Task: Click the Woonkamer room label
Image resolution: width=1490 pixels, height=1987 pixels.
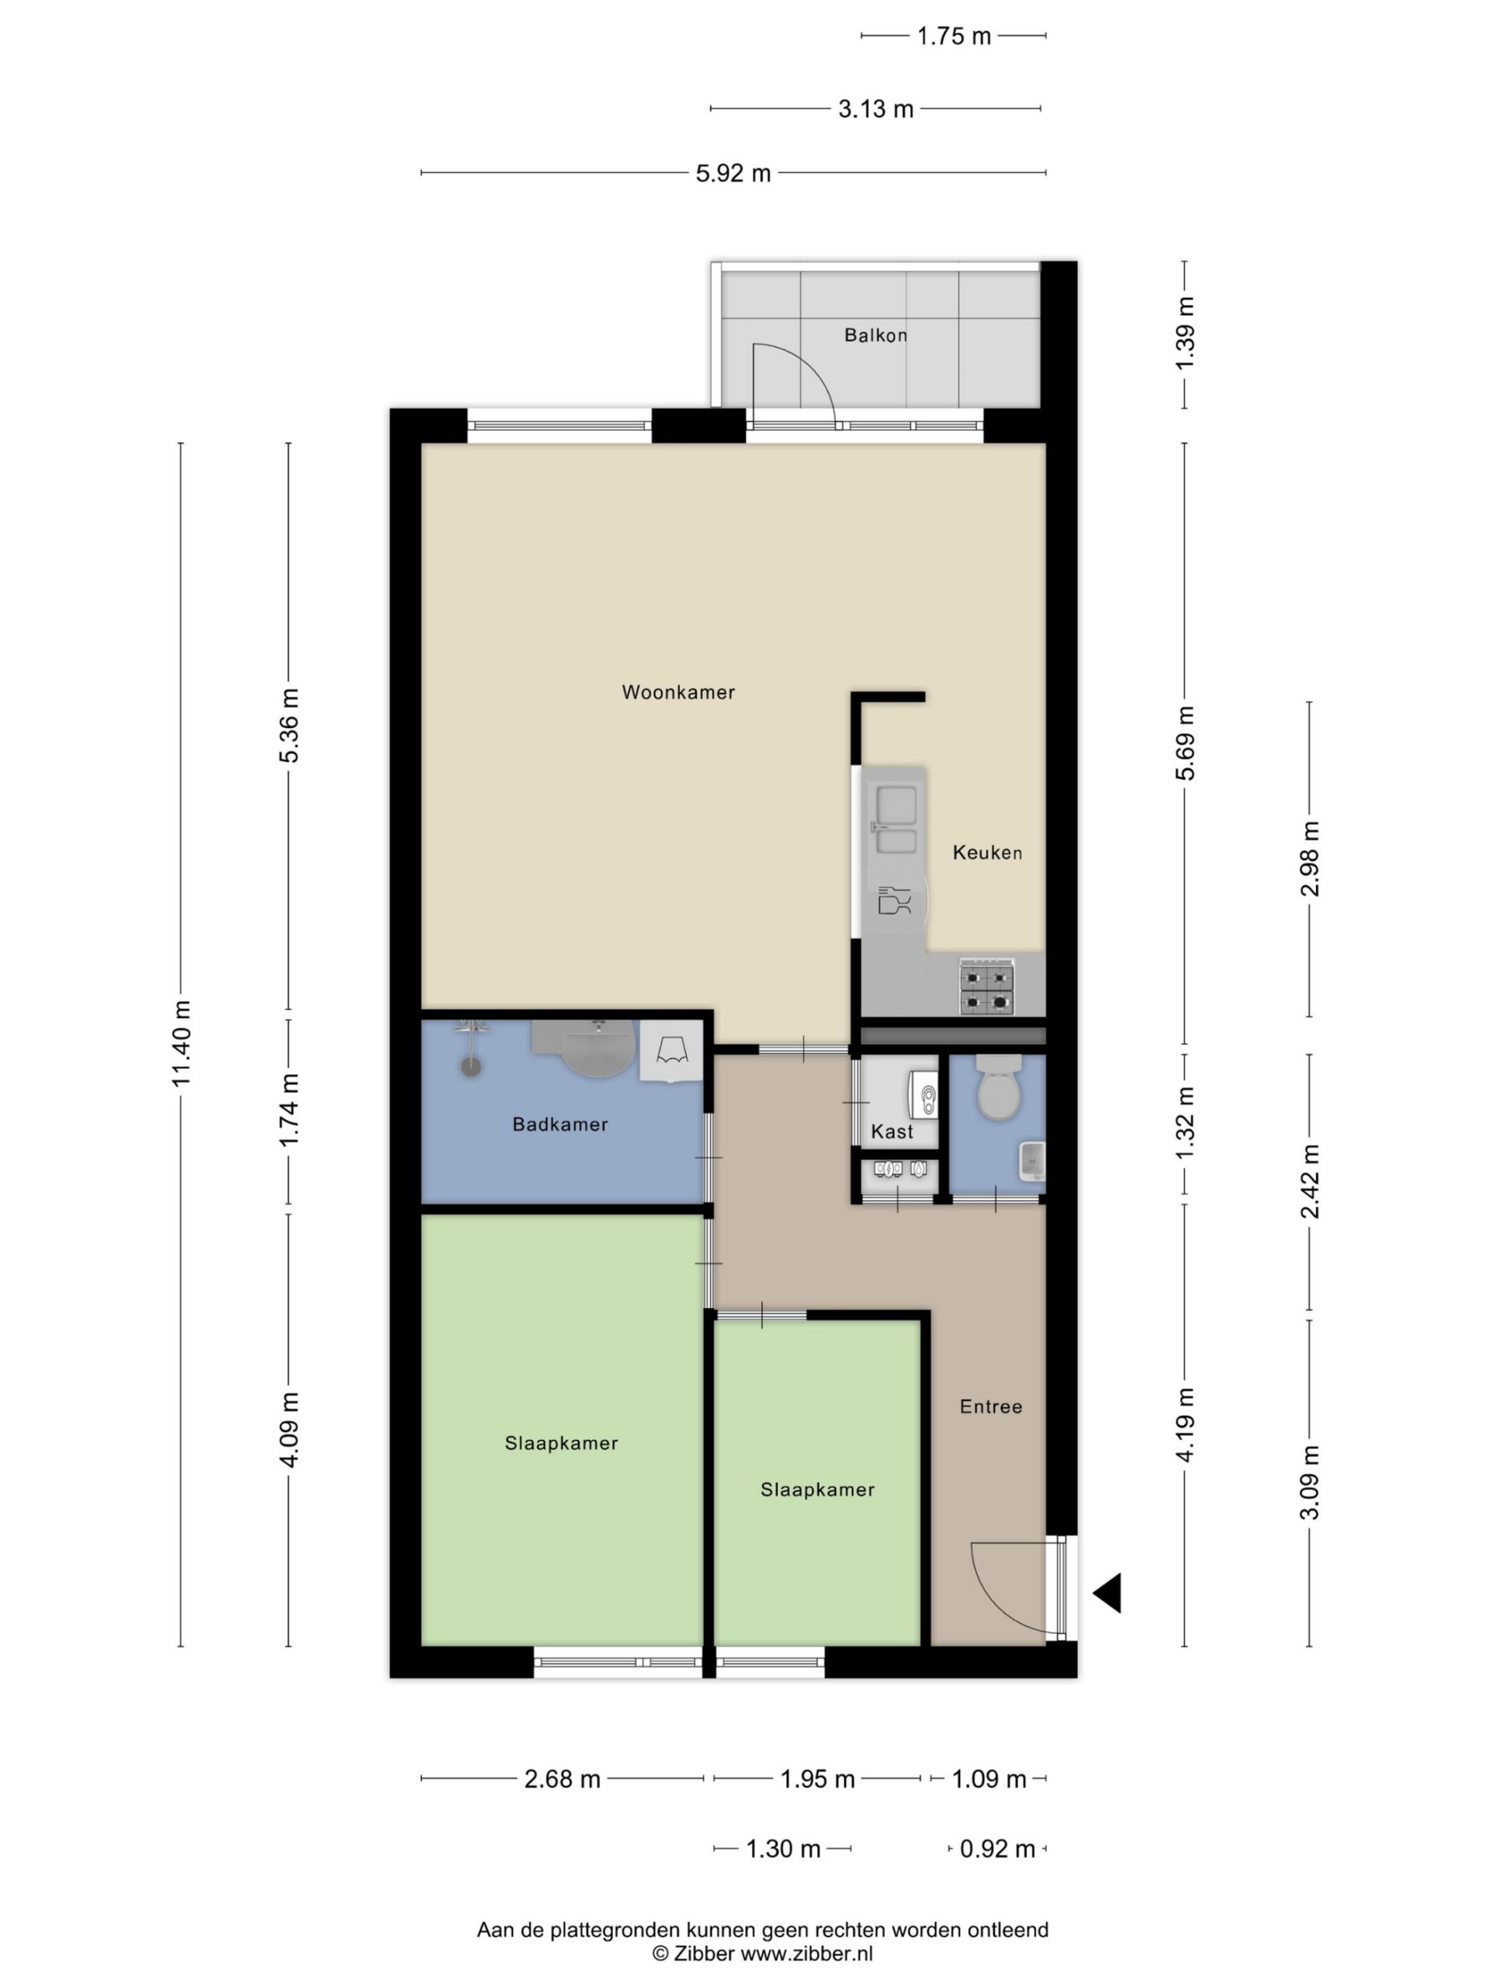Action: pyautogui.click(x=678, y=692)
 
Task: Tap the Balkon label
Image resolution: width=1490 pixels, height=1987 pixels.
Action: pyautogui.click(x=875, y=335)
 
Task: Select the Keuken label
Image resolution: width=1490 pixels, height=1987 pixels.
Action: pyautogui.click(x=987, y=852)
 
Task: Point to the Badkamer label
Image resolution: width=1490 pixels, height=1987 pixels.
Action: pyautogui.click(x=560, y=1124)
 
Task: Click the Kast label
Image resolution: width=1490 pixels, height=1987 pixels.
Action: pyautogui.click(x=892, y=1132)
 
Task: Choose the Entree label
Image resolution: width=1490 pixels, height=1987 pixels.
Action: pyautogui.click(x=991, y=1406)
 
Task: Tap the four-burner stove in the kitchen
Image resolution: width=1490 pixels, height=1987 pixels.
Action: pyautogui.click(x=986, y=987)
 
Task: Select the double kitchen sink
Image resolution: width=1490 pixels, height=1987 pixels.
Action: pyautogui.click(x=896, y=819)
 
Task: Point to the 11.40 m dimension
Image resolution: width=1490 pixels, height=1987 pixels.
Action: pyautogui.click(x=182, y=1043)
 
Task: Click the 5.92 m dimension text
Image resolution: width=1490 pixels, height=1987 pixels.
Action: pyautogui.click(x=733, y=173)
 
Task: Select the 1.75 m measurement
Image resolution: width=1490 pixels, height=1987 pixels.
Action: pyautogui.click(x=954, y=36)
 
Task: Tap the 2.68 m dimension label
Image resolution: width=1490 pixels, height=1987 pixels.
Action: pyautogui.click(x=562, y=1779)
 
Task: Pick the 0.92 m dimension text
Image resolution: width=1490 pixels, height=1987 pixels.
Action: pyautogui.click(x=997, y=1849)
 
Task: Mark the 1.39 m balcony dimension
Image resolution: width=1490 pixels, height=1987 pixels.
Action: pyautogui.click(x=1186, y=332)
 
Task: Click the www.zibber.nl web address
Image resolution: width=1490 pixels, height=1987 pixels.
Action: pyautogui.click(x=806, y=1954)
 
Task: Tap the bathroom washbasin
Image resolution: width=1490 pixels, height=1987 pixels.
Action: pyautogui.click(x=598, y=1049)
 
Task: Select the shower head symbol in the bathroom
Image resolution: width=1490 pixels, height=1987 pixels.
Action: pyautogui.click(x=470, y=1066)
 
